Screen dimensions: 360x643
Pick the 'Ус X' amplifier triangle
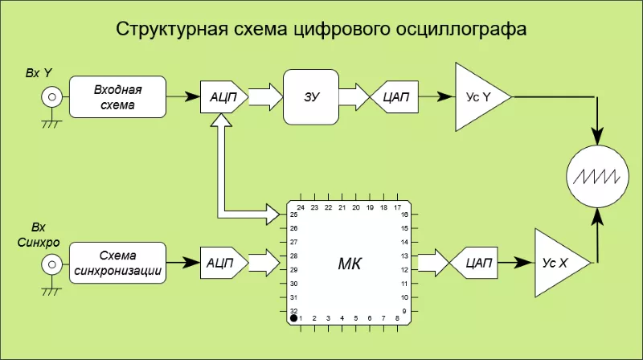pyautogui.click(x=557, y=262)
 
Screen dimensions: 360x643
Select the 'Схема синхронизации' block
pyautogui.click(x=117, y=262)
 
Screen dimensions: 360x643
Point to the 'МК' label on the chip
pyautogui.click(x=349, y=262)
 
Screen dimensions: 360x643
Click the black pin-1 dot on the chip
pyautogui.click(x=294, y=318)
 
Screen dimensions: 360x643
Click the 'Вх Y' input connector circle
pyautogui.click(x=51, y=97)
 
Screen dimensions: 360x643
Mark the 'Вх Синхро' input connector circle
pyautogui.click(x=51, y=262)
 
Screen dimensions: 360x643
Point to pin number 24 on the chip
pyautogui.click(x=301, y=207)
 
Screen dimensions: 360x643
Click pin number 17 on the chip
pyautogui.click(x=397, y=207)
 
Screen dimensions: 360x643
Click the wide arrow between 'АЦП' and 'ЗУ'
pyautogui.click(x=264, y=97)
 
